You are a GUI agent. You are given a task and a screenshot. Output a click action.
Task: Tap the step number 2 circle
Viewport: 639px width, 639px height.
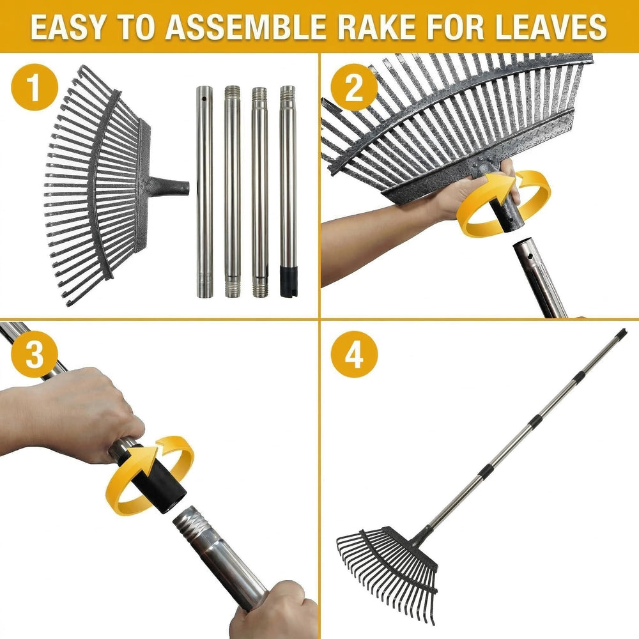354,87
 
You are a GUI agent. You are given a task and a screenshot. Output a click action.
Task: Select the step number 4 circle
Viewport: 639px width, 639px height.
354,354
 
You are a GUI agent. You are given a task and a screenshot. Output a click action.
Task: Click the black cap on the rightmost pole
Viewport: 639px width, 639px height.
289,281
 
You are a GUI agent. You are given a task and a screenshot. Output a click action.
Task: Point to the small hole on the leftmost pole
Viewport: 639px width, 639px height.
204,99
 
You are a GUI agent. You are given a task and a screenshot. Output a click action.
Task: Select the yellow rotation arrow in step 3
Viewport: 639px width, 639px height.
150,475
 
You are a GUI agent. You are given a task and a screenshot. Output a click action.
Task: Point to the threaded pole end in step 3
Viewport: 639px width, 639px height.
192,525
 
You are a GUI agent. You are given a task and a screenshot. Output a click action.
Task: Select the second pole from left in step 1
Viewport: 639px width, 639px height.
233,192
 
